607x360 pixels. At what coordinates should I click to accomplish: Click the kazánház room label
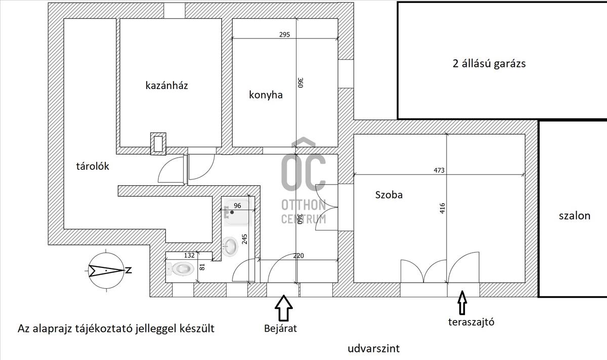[x=166, y=85]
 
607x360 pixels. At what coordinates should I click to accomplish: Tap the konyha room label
[x=266, y=95]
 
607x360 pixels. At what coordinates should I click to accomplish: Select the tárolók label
[x=93, y=166]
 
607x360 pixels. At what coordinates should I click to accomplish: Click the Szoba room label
[x=389, y=195]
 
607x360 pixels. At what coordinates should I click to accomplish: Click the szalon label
[x=574, y=216]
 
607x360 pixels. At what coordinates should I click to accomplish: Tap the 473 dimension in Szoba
[x=439, y=170]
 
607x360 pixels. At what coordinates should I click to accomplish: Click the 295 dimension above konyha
[x=284, y=35]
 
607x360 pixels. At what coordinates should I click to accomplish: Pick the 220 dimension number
[x=298, y=256]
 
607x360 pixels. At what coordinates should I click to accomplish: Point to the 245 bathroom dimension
[x=245, y=239]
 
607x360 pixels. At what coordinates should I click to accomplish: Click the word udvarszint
[x=374, y=348]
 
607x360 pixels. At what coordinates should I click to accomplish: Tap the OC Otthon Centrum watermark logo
[x=303, y=182]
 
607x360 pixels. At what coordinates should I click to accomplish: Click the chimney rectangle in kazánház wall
[x=158, y=144]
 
